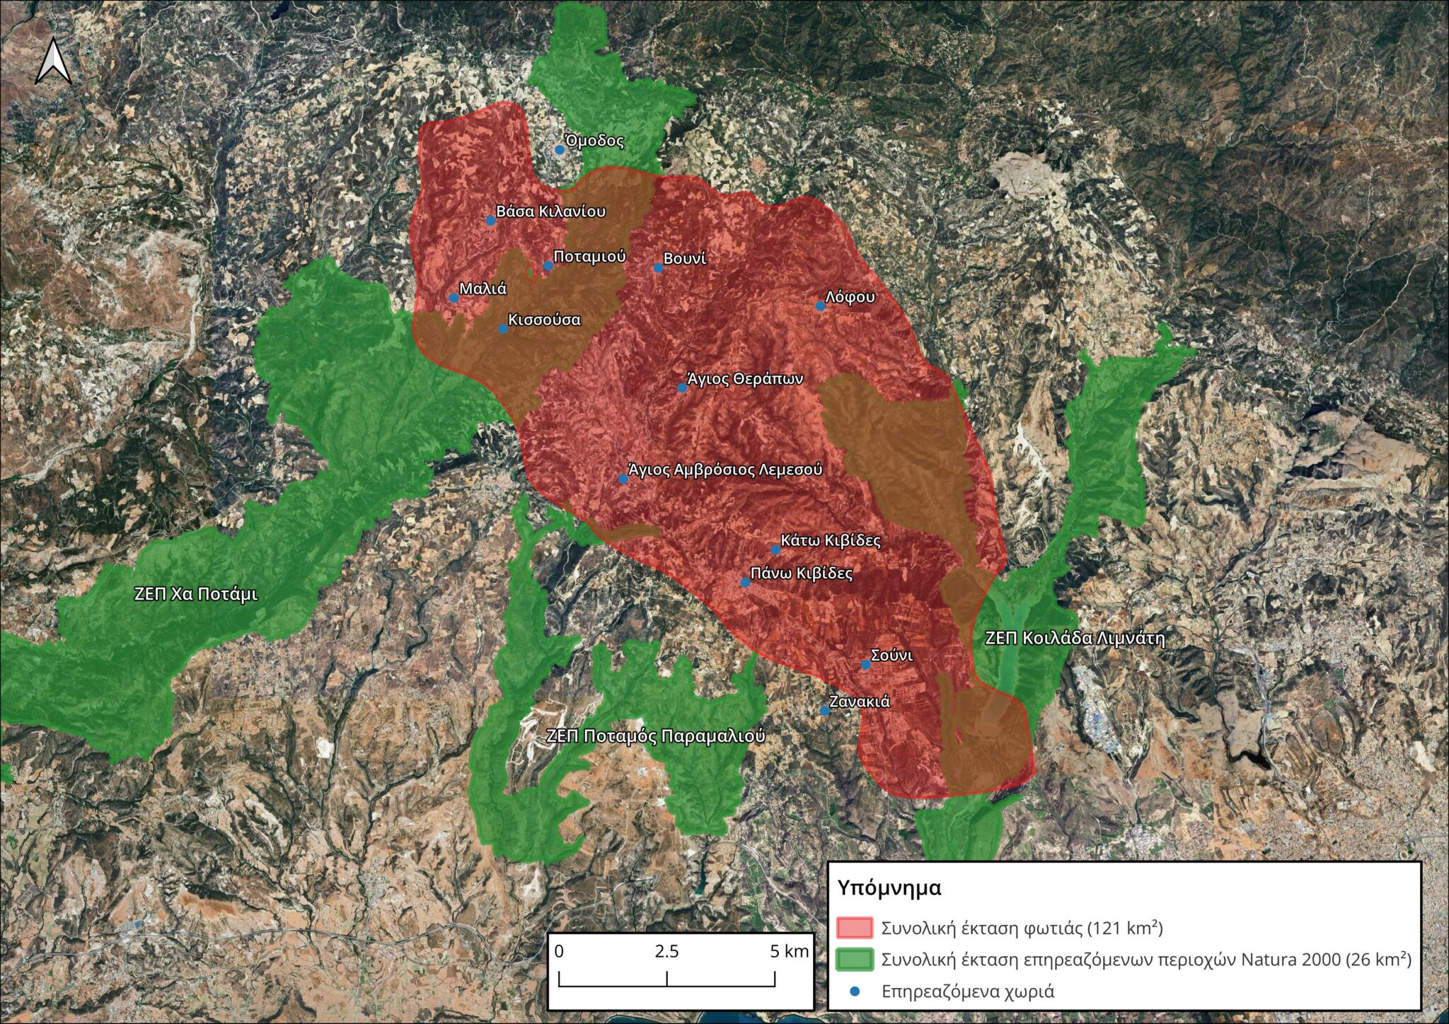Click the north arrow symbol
tap(54, 62)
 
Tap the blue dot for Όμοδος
tap(560, 150)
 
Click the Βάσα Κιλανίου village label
tap(550, 211)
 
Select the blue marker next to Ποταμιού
tap(548, 266)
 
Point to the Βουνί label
tap(685, 259)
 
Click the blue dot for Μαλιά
tap(454, 298)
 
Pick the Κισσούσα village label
tap(544, 320)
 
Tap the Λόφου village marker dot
tap(821, 306)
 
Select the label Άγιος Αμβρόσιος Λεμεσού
tap(725, 470)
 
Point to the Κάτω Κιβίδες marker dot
tap(775, 549)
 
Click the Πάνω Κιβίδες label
tap(802, 574)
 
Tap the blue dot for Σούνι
tap(865, 665)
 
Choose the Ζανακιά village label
tap(860, 702)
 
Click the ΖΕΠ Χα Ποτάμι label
tap(196, 594)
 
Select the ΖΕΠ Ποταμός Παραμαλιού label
tap(655, 736)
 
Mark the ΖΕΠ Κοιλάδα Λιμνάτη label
tap(1075, 639)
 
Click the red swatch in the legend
tap(854, 927)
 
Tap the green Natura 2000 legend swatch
tap(854, 959)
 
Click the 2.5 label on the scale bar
tap(666, 951)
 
